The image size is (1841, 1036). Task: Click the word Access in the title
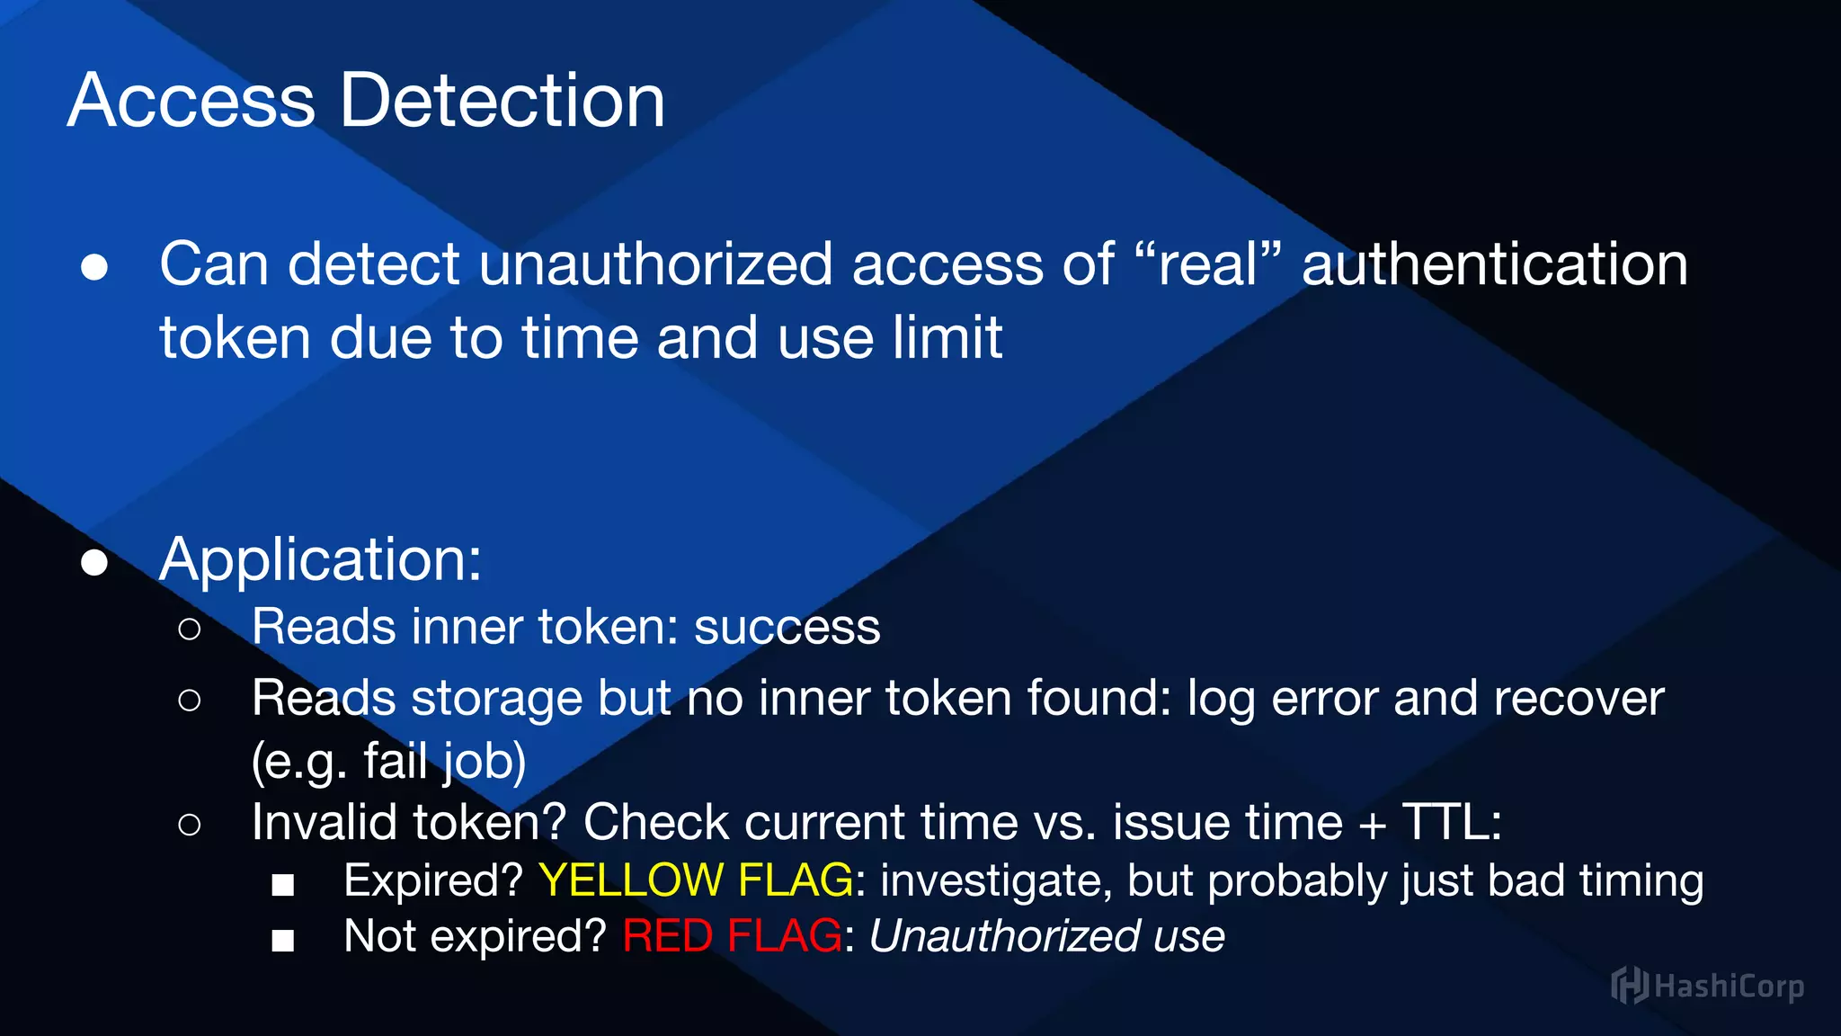[191, 101]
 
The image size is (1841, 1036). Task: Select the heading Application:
[321, 559]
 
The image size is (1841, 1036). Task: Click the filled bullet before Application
[94, 563]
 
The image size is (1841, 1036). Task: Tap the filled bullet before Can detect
[94, 268]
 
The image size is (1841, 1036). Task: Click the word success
[787, 627]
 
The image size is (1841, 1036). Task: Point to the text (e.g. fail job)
[388, 762]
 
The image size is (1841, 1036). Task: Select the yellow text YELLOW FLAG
[696, 880]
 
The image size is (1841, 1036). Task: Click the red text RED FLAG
[732, 936]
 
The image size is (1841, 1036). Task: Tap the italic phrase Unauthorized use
[1046, 936]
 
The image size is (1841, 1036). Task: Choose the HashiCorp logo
[1707, 986]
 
